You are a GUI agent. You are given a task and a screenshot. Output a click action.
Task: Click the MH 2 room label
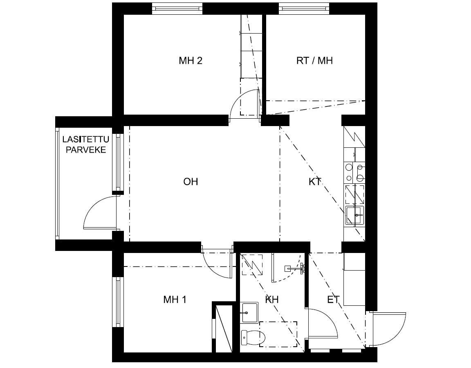(x=191, y=61)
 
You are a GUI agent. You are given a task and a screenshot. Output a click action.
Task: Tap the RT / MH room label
(x=314, y=61)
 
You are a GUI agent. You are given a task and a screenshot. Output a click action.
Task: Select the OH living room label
(x=191, y=182)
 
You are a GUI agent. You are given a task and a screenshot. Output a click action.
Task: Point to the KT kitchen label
(x=315, y=182)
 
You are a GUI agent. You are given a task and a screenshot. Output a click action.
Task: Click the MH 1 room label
(x=175, y=300)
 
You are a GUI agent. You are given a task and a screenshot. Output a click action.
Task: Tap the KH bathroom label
(x=272, y=300)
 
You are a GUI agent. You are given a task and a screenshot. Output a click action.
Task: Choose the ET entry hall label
(x=333, y=300)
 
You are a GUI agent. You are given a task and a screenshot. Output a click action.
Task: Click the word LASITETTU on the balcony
(x=85, y=140)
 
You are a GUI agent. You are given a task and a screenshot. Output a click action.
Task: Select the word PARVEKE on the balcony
(x=86, y=150)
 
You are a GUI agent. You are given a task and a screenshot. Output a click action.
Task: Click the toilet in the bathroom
(x=253, y=338)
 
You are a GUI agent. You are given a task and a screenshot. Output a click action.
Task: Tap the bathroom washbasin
(x=250, y=313)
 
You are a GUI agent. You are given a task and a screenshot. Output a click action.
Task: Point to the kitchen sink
(x=354, y=215)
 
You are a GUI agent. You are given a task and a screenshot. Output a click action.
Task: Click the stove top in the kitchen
(x=355, y=172)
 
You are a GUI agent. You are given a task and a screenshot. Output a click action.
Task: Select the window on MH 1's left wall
(x=118, y=302)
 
